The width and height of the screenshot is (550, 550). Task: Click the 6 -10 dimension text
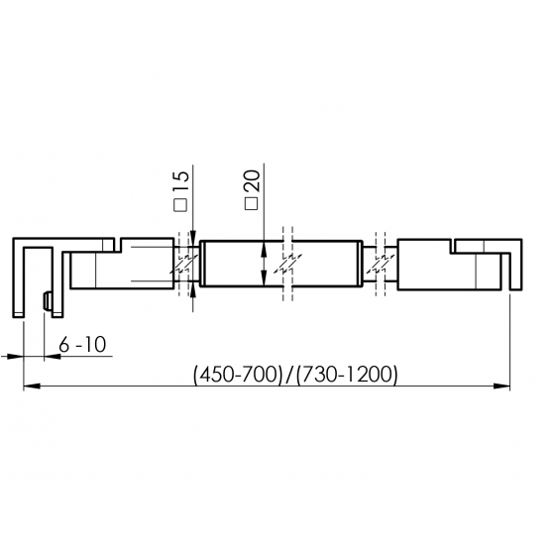(82, 345)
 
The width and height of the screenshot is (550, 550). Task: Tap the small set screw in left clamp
(47, 301)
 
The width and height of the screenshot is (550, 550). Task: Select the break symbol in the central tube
(286, 266)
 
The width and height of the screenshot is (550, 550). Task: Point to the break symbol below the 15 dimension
(184, 266)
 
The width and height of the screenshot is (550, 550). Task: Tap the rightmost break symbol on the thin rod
(380, 266)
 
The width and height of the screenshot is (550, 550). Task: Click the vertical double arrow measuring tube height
(264, 265)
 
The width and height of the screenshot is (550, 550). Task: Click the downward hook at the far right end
(513, 268)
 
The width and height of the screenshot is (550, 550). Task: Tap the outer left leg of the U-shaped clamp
(20, 277)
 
